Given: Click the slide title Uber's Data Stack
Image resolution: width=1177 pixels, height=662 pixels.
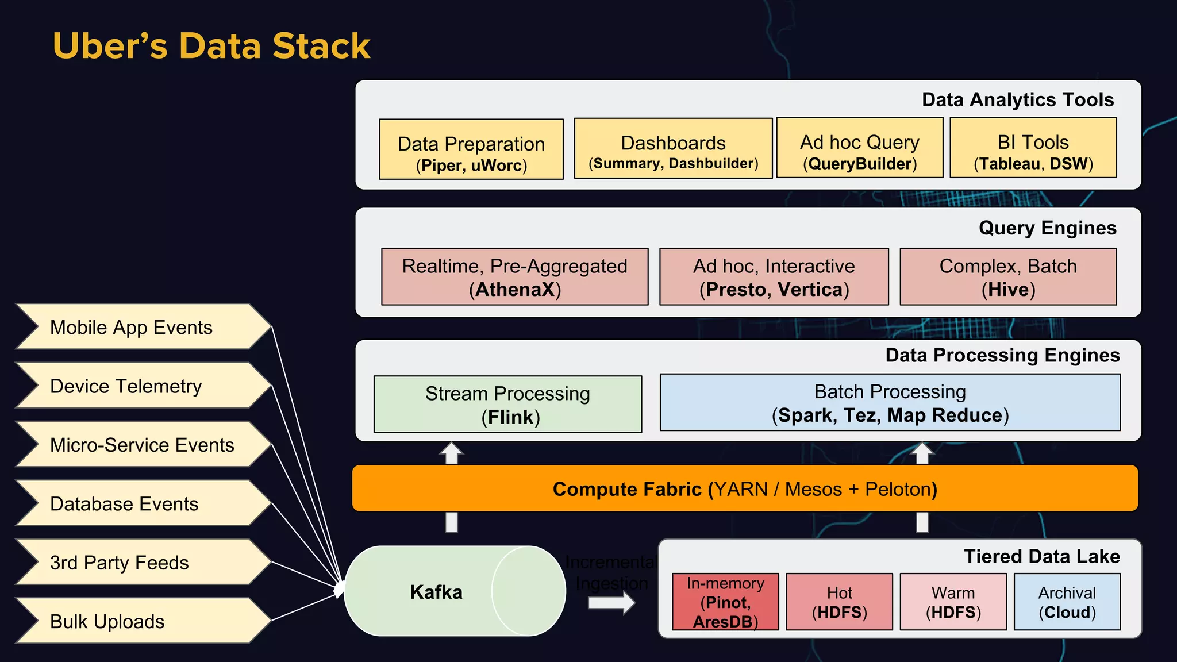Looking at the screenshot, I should (211, 45).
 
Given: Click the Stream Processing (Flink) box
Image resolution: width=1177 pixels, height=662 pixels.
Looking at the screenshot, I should (507, 405).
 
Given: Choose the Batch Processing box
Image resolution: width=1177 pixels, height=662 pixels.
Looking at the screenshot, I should (890, 403).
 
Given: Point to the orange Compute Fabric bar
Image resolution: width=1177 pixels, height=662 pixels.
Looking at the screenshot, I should (745, 489).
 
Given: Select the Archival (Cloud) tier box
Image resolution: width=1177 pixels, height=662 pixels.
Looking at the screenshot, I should (1067, 602).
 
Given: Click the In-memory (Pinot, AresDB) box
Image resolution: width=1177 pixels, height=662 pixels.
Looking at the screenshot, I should (725, 602).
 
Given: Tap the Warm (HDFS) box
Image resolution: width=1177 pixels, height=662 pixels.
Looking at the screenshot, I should (953, 602).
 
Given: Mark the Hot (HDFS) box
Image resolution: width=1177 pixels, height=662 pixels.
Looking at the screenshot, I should (839, 602).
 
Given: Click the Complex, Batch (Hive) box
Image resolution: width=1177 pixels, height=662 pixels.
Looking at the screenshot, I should (1008, 277).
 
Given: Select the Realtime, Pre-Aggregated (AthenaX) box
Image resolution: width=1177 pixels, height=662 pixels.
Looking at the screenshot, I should (514, 277).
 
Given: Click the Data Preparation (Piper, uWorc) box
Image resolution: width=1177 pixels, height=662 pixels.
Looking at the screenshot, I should (471, 150).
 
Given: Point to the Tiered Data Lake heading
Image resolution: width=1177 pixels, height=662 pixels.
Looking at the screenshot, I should (1041, 556).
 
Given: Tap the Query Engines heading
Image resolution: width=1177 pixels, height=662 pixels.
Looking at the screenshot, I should (1047, 228).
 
